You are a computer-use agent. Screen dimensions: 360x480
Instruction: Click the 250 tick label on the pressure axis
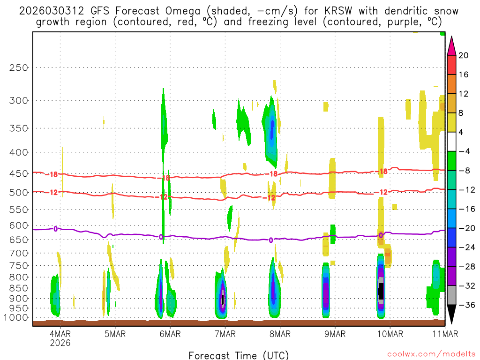[x=19, y=67]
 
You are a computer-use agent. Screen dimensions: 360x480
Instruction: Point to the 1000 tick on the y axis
[x=17, y=318]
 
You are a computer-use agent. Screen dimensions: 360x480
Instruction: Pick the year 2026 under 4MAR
[x=60, y=343]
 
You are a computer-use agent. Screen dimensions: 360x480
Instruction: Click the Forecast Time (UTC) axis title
[x=239, y=355]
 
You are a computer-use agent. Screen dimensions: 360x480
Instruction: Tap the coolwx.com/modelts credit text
[x=431, y=355]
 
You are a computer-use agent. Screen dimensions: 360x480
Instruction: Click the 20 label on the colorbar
[x=464, y=55]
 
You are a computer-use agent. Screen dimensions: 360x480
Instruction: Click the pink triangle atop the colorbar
[x=451, y=45]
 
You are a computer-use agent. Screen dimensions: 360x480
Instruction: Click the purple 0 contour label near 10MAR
[x=381, y=235]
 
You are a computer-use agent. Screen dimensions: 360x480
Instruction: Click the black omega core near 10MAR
[x=381, y=290]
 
